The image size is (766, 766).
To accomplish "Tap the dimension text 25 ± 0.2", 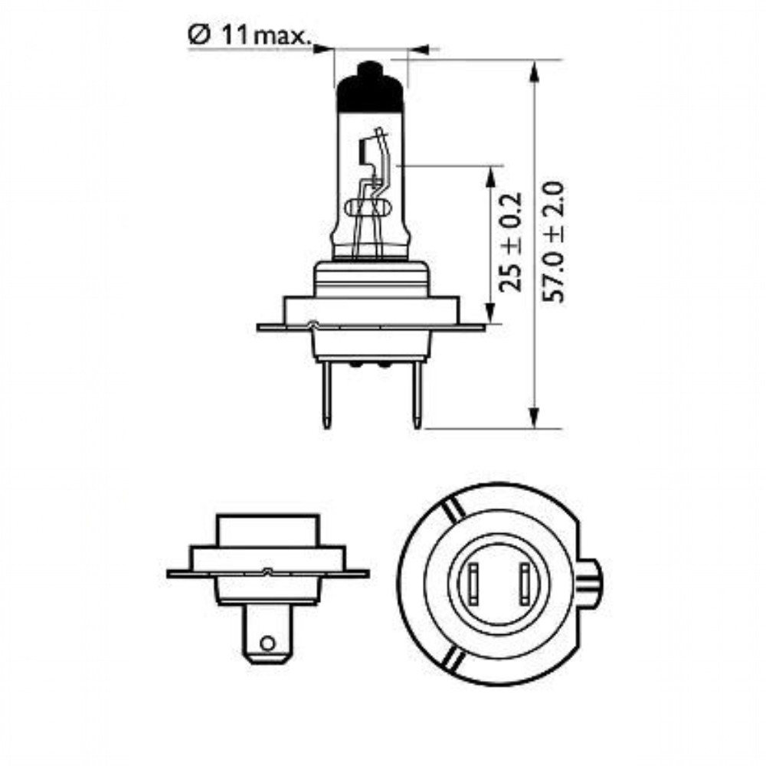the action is point(511,242).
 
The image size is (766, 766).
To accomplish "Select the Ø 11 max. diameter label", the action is point(249,36).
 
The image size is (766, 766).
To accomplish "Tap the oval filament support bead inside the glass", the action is point(368,208).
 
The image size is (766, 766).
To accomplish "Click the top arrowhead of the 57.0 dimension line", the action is point(535,71).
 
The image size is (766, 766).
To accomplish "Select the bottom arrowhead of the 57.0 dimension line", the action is point(535,417).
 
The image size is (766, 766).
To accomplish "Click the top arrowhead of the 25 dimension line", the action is point(489,177).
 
